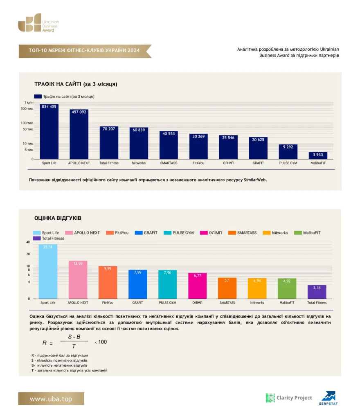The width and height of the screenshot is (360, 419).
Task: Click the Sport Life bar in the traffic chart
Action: [49, 132]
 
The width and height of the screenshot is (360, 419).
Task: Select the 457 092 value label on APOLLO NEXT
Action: [79, 112]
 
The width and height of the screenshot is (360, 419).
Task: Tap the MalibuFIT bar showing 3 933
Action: [318, 155]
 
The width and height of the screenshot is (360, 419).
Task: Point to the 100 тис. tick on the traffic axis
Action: [27, 123]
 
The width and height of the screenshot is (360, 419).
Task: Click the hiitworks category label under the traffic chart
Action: [139, 163]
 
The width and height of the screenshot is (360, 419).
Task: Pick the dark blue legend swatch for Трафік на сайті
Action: [38, 97]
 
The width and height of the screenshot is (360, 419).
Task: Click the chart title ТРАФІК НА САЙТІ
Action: [76, 84]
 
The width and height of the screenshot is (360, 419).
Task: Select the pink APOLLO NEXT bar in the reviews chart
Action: [78, 279]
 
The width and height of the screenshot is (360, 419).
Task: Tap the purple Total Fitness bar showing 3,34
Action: [317, 292]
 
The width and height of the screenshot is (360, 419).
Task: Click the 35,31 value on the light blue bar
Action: [48, 247]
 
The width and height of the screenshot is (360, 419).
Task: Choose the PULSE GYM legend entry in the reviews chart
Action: [179, 233]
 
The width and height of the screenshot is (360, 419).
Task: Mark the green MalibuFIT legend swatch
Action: [297, 233]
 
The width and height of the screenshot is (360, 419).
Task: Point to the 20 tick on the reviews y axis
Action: [28, 254]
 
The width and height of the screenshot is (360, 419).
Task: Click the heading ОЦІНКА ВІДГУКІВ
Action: [58, 218]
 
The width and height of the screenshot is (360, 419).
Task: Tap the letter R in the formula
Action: [45, 343]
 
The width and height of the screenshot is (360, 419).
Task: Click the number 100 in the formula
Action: [103, 342]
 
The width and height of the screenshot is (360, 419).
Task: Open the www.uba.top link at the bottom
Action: [51, 399]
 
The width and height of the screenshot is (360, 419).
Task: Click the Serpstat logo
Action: [328, 398]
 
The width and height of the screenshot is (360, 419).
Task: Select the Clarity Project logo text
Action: [294, 398]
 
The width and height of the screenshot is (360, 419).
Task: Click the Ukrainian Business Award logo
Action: [39, 23]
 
